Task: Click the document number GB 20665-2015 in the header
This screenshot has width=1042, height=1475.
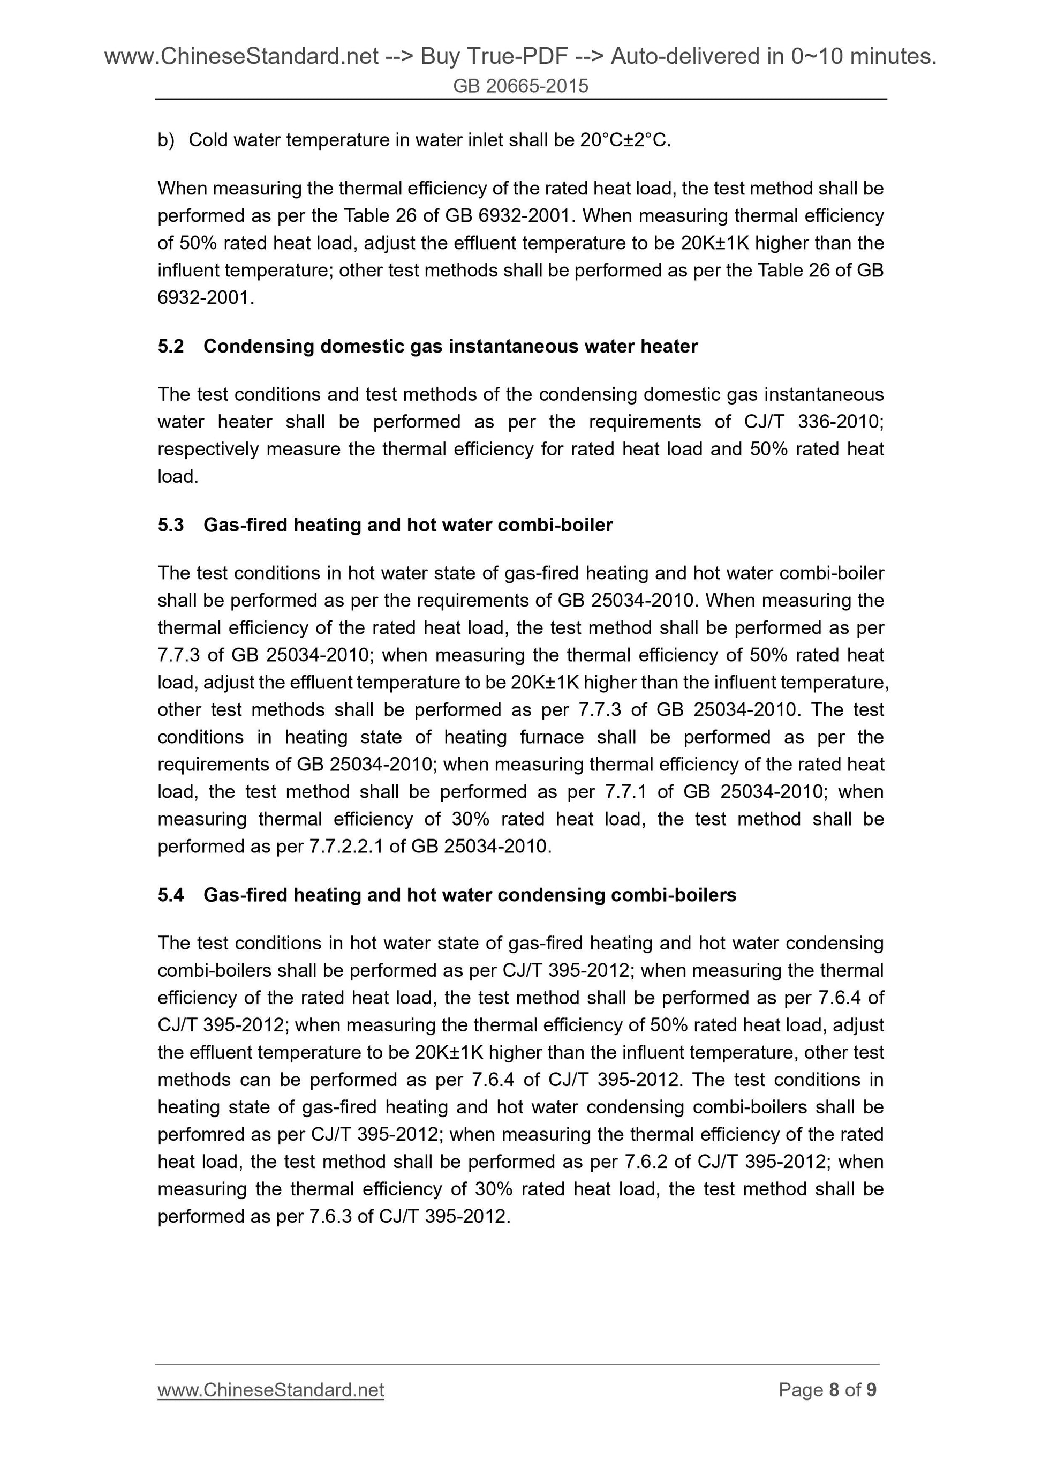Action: click(x=520, y=86)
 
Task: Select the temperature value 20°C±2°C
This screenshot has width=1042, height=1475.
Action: click(x=625, y=140)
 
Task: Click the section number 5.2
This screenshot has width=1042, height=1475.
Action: click(x=171, y=346)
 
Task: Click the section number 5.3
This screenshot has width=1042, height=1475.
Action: click(x=171, y=525)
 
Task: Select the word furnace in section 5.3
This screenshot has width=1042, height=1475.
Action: click(x=552, y=737)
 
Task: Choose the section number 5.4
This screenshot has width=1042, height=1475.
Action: click(x=171, y=895)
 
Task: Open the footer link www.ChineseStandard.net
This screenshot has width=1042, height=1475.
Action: click(x=270, y=1390)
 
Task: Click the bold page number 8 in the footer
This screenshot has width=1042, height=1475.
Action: click(x=834, y=1390)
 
